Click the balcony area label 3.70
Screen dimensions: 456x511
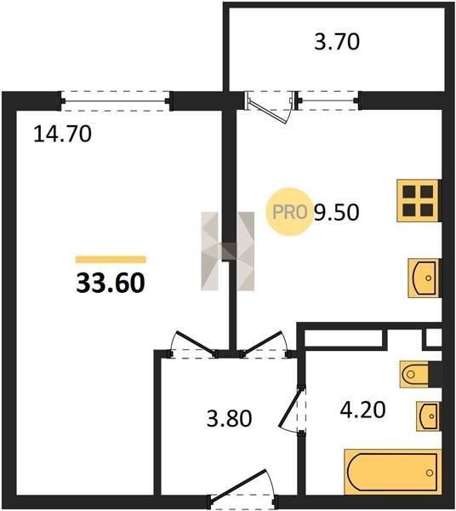click(337, 43)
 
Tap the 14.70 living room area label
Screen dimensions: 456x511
click(62, 135)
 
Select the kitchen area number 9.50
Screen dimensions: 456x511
click(337, 212)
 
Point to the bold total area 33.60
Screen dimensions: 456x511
click(111, 284)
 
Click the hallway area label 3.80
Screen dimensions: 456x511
click(230, 419)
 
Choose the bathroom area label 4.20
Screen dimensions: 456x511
click(363, 410)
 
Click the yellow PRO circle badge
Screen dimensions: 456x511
click(289, 212)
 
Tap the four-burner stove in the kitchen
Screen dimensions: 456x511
click(419, 201)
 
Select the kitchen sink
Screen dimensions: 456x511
click(425, 278)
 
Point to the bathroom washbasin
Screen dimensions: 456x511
click(428, 416)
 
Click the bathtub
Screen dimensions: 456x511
click(393, 472)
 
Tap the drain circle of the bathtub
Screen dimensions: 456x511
click(430, 473)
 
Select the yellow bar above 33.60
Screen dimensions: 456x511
click(111, 260)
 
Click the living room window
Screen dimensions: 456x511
click(116, 101)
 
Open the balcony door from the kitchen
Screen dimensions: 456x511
click(270, 104)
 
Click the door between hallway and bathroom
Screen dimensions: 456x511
click(293, 410)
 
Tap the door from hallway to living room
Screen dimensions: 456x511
click(194, 345)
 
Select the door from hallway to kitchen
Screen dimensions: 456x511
click(265, 345)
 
